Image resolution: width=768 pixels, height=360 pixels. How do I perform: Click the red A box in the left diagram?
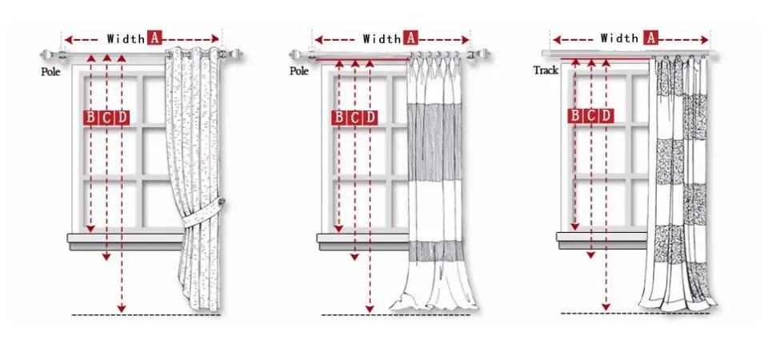pos(154,38)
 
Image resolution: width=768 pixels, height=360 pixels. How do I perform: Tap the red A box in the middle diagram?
pos(410,38)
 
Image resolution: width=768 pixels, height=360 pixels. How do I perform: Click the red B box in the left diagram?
pos(90,118)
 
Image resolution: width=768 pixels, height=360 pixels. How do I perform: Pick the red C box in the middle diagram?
pos(354,118)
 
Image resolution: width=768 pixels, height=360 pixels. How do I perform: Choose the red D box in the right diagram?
pos(607,115)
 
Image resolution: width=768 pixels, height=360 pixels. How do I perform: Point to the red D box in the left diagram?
pos(122,118)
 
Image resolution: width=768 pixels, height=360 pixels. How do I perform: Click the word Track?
pos(546,70)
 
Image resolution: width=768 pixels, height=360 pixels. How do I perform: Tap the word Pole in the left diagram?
pos(50,71)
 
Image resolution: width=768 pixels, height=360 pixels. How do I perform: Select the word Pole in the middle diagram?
pos(298,70)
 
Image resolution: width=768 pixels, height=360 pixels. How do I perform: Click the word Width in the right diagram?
pos(619,37)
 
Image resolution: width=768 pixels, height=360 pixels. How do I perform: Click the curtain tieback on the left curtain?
pos(204,214)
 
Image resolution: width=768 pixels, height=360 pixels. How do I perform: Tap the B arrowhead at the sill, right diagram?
pos(574,227)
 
